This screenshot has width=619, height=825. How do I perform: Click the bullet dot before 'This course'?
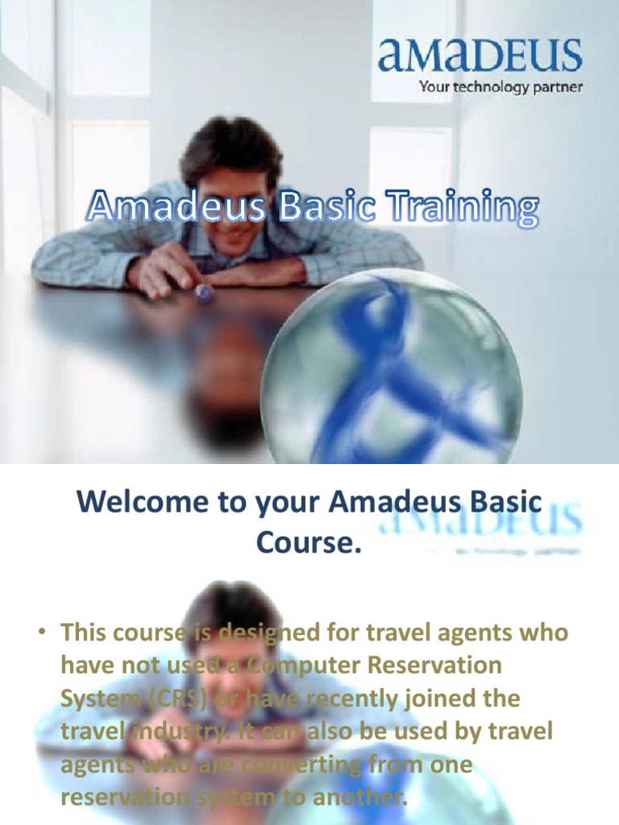(x=39, y=633)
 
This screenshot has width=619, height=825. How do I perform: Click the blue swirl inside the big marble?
(x=387, y=363)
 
